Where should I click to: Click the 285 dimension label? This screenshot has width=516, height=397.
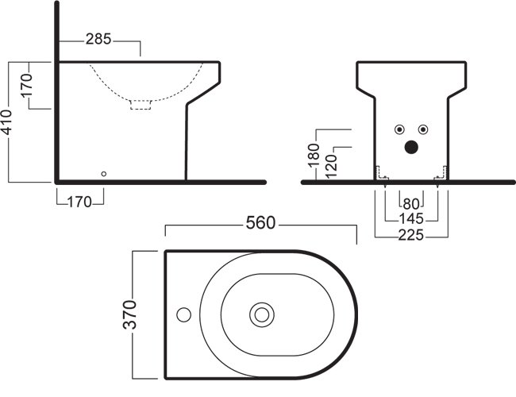(x=98, y=39)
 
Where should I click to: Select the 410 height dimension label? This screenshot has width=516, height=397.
(x=6, y=122)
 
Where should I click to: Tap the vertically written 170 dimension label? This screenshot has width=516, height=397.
(x=27, y=86)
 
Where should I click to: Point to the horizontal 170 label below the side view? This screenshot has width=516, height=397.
(x=79, y=202)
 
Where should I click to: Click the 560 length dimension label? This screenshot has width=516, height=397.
(x=260, y=223)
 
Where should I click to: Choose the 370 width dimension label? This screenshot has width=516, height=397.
(x=129, y=314)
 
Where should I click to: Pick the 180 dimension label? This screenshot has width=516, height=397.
(x=314, y=156)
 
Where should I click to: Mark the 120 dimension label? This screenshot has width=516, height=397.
(x=331, y=167)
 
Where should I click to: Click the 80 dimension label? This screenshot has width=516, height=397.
(x=411, y=204)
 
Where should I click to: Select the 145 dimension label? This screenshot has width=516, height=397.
(x=411, y=218)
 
